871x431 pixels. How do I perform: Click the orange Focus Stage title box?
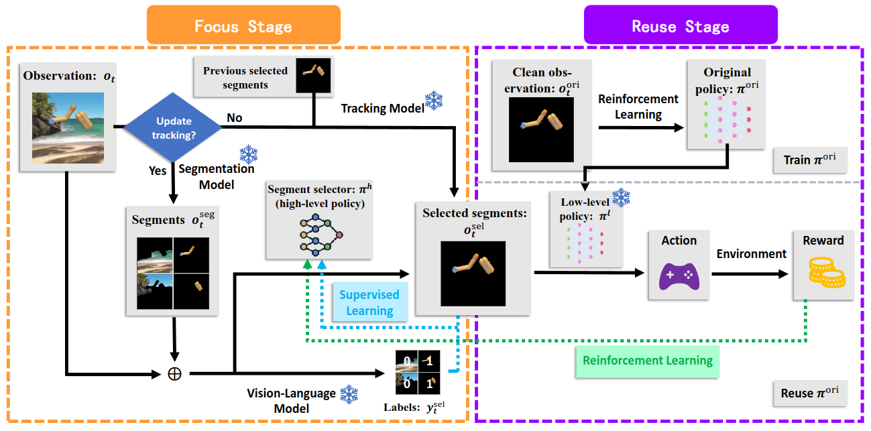click(243, 26)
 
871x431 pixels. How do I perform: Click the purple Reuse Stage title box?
click(681, 26)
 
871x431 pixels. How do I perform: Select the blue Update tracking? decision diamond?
click(174, 127)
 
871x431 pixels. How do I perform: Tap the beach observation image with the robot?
click(68, 128)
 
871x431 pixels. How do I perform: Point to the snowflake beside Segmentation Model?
click(249, 156)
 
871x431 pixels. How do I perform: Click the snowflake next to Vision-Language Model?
click(349, 395)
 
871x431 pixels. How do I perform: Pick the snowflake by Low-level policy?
click(622, 198)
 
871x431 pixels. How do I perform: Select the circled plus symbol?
click(174, 373)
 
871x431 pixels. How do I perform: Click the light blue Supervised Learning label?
click(369, 302)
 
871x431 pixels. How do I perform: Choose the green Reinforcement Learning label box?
click(648, 361)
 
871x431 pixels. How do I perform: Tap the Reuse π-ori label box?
click(809, 393)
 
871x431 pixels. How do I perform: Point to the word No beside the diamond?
click(235, 118)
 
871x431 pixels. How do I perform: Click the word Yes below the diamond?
click(158, 171)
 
